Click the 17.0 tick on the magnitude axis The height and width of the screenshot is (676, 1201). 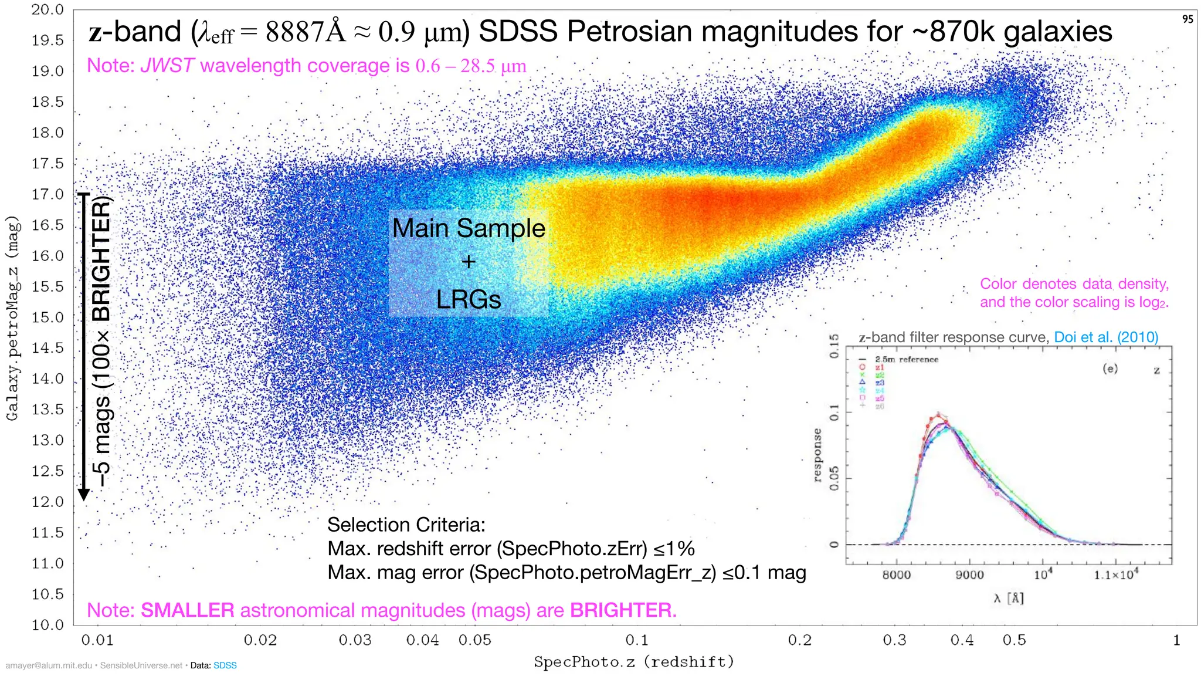click(48, 194)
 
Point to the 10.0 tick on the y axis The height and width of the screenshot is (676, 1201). click(48, 625)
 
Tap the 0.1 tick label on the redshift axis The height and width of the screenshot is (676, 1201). click(637, 640)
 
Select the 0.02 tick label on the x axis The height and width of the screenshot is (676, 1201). click(260, 640)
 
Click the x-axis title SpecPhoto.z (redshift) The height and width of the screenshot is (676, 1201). click(634, 663)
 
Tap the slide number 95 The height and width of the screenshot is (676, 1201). click(1188, 19)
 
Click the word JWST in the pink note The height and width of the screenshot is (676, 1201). click(167, 66)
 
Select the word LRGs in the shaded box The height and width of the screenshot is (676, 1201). click(469, 300)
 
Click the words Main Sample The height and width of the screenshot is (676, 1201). click(469, 228)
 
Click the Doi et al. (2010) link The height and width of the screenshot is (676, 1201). click(1106, 337)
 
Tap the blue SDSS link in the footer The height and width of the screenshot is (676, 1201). click(225, 665)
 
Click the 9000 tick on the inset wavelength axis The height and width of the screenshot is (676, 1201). click(969, 575)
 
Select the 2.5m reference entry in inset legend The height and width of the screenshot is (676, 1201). click(906, 359)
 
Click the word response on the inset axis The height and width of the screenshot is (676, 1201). click(817, 455)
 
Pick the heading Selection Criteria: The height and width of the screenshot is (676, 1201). click(406, 525)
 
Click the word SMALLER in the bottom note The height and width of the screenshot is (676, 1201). click(188, 610)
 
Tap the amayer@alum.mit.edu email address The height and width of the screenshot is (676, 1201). click(49, 665)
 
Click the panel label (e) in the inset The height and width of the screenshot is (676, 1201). click(1110, 369)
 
